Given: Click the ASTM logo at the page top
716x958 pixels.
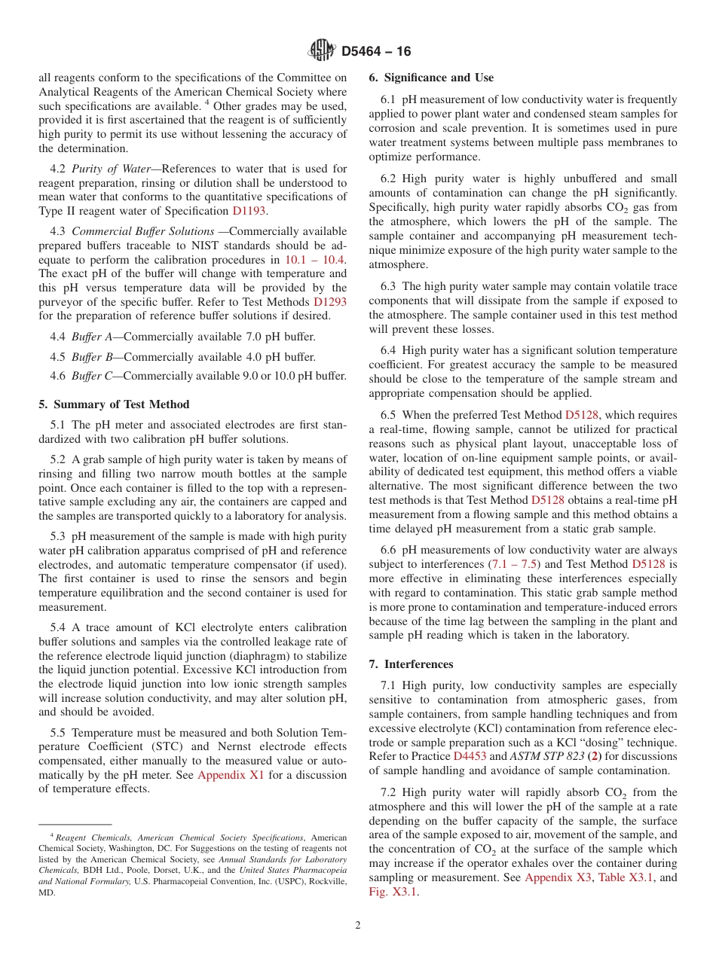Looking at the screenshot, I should click(321, 50).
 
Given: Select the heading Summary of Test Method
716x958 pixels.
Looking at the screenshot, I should click(114, 404).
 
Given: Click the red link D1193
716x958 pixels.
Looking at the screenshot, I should click(249, 211).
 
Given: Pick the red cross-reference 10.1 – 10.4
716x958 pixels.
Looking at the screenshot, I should click(314, 259).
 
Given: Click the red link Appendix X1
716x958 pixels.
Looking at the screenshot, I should click(231, 774).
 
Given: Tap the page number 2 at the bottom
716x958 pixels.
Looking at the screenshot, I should click(358, 926).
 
